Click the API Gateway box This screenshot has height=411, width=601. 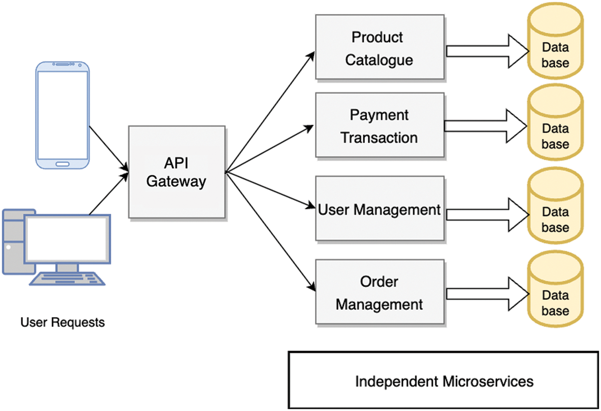176,172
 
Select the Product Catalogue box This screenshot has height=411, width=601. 379,47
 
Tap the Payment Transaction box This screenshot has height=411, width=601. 379,125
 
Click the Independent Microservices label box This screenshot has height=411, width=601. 443,380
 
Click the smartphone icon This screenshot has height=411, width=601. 63,115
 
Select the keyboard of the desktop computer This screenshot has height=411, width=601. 67,279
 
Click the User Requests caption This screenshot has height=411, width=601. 63,322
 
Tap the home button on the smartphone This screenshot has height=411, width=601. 63,164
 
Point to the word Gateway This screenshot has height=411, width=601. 176,181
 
